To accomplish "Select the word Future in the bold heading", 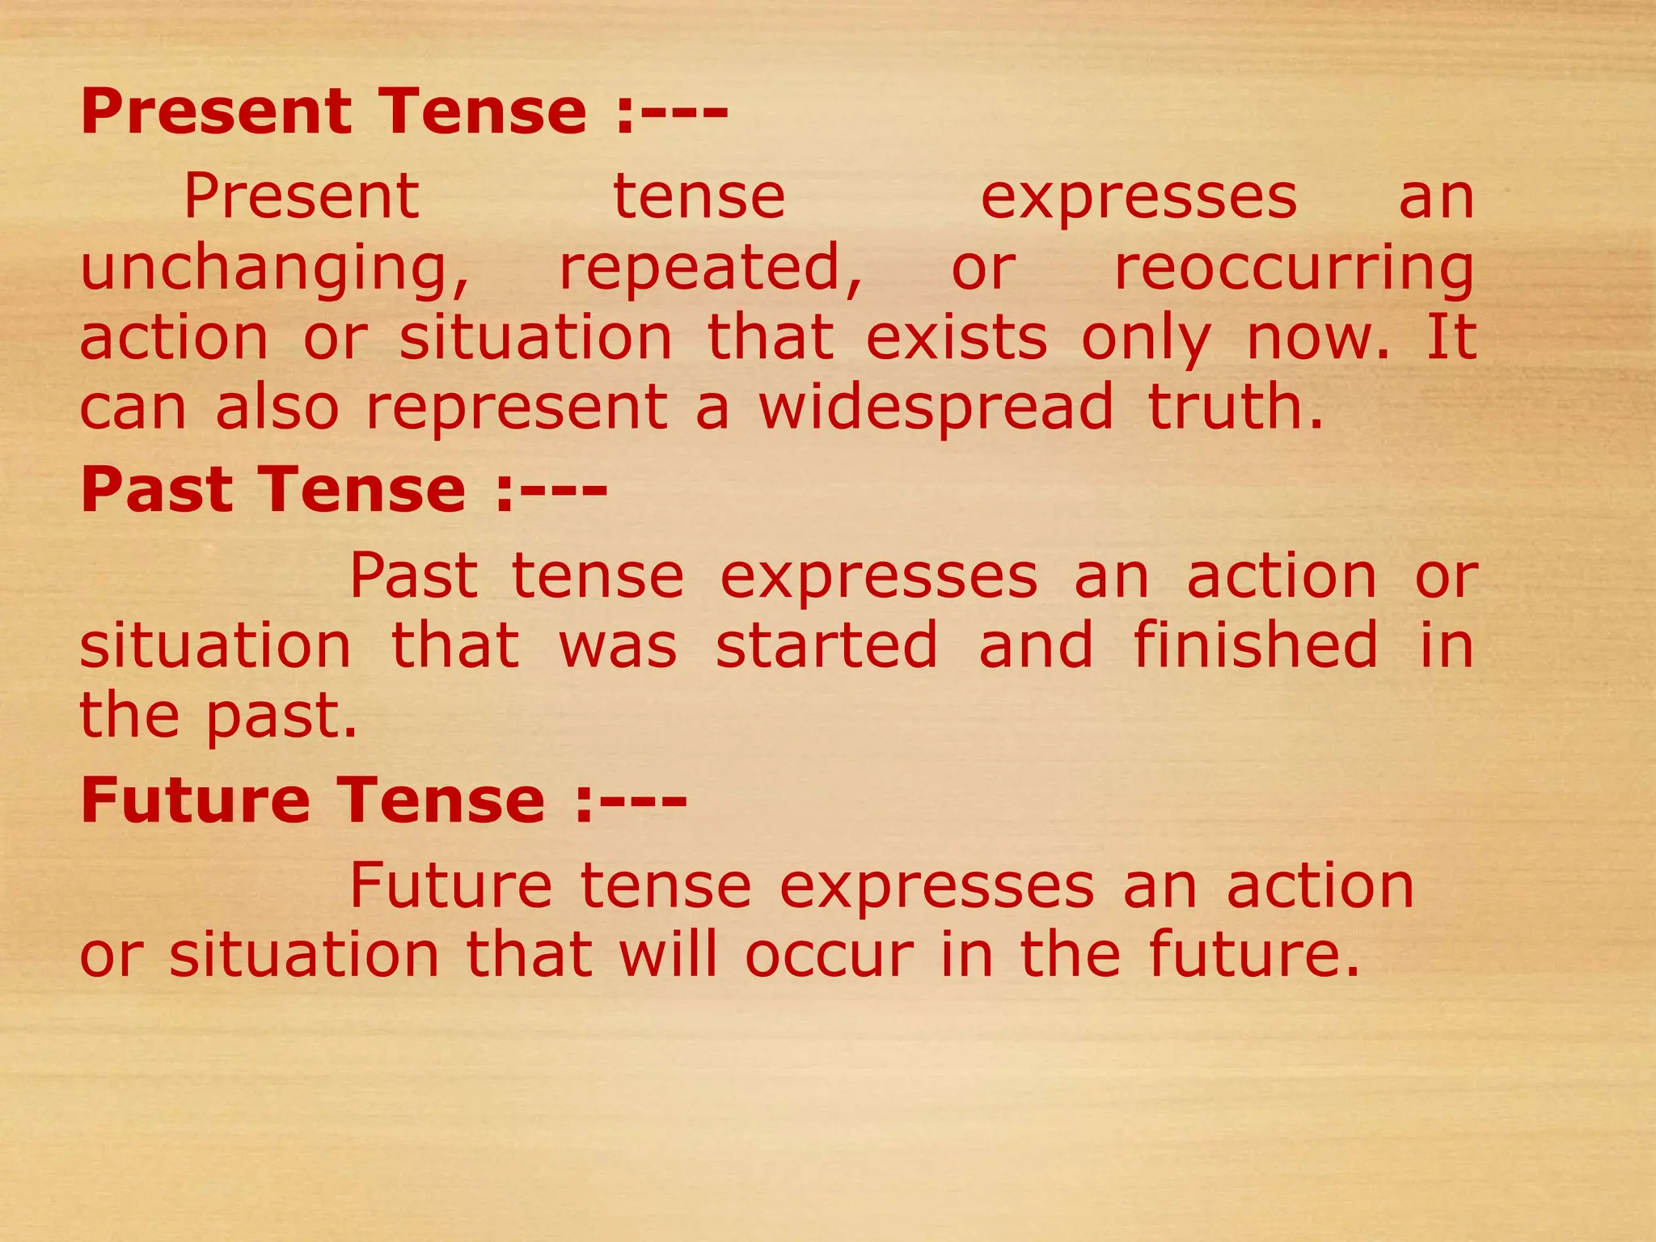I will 195,800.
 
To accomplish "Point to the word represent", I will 517,408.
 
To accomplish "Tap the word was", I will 618,647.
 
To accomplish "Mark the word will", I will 668,955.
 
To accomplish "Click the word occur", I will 829,957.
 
